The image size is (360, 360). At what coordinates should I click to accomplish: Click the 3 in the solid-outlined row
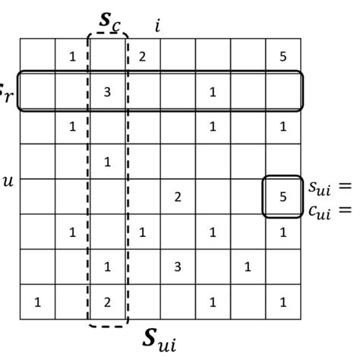[107, 92]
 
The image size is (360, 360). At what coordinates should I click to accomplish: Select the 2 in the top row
[142, 56]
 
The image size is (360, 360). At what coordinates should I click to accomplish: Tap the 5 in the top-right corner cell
[283, 56]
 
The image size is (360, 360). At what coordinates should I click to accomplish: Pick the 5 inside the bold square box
[283, 197]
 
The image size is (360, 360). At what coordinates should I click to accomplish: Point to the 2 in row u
[178, 197]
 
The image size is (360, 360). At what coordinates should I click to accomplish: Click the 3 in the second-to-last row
[178, 267]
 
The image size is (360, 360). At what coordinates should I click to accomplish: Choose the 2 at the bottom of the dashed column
[107, 302]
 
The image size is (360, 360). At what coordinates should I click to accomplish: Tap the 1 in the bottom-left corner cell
[37, 302]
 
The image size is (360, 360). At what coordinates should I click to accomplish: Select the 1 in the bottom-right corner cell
[283, 302]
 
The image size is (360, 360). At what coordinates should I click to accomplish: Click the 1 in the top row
[72, 56]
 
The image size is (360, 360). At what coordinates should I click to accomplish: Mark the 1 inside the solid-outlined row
[213, 92]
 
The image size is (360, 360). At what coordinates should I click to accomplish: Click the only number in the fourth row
[107, 161]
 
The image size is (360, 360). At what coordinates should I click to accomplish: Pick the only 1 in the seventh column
[248, 267]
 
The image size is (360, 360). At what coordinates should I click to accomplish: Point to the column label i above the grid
[157, 25]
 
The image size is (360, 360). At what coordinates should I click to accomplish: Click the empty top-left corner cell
[37, 56]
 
